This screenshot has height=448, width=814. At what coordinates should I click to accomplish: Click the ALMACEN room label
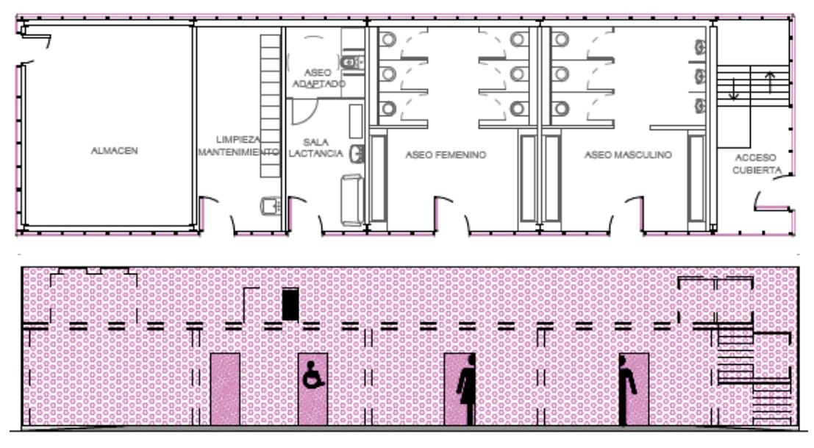click(114, 151)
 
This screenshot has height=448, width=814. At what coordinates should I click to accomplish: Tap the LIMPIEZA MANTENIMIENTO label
click(238, 146)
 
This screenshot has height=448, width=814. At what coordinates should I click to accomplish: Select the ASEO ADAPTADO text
click(318, 79)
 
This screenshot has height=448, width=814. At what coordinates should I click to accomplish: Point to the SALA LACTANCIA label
click(315, 147)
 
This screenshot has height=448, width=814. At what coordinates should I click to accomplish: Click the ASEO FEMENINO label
click(446, 154)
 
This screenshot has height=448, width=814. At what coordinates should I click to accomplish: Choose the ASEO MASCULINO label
click(628, 154)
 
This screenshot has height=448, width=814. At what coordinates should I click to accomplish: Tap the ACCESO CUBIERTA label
click(757, 163)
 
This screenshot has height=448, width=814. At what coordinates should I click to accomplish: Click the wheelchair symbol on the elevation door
click(313, 374)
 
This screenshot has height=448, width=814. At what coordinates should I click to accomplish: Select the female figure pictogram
click(466, 389)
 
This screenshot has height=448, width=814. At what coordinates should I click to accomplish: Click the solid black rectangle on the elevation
click(290, 305)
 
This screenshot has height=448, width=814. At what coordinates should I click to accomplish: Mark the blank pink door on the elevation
click(225, 389)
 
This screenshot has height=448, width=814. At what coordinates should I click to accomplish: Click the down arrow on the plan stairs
click(734, 88)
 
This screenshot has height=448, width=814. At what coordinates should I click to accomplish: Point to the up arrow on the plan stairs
click(770, 82)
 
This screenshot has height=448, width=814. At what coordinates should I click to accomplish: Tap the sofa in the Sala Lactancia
click(352, 200)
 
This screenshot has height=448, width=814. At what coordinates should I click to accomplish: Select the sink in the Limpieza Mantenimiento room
click(270, 206)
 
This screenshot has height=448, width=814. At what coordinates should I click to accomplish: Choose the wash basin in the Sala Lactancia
click(357, 154)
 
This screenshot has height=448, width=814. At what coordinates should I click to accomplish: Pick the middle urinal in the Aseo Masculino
click(700, 77)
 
